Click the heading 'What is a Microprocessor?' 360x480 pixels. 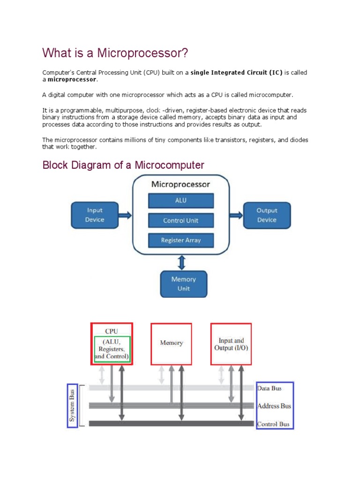[x=115, y=53]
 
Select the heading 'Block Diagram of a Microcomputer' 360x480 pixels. [x=123, y=165]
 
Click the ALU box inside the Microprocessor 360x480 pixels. [x=181, y=201]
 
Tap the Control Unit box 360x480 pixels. [x=181, y=220]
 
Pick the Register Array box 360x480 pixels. [x=181, y=240]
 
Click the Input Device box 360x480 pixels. [x=94, y=215]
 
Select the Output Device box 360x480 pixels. [x=267, y=215]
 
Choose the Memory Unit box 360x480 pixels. [x=183, y=284]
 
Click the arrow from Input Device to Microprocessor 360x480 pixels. [x=125, y=215]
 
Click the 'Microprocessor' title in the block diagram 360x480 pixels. [x=180, y=184]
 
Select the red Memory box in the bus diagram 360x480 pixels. [x=171, y=343]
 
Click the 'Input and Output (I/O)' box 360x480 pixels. [x=231, y=344]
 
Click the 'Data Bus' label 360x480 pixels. [x=270, y=388]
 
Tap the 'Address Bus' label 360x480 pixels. [x=274, y=406]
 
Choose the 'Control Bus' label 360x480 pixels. [x=273, y=424]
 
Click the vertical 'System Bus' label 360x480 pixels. [x=73, y=406]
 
